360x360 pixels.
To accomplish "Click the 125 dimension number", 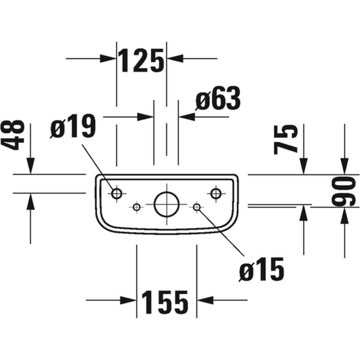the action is click(x=141, y=61).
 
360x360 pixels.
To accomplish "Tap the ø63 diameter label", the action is click(x=218, y=98).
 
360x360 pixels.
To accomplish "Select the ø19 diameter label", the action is click(x=73, y=126).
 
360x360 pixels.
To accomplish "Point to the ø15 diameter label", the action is click(x=261, y=269).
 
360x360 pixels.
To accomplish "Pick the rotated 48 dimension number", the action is click(x=13, y=135).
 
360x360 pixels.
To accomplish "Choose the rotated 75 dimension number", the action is click(x=286, y=139).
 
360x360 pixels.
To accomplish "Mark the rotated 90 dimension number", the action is click(x=344, y=191).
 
